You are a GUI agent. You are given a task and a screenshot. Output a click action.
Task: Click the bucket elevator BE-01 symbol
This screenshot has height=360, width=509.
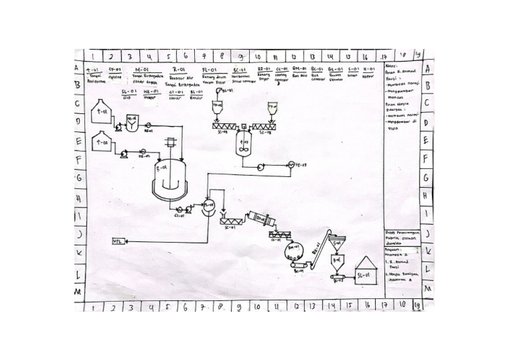pyautogui.click(x=323, y=251)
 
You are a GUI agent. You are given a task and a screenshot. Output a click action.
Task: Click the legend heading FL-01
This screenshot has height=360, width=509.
pyautogui.click(x=207, y=68)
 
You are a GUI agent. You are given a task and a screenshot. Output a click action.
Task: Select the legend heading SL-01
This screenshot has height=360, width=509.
pyautogui.click(x=129, y=91)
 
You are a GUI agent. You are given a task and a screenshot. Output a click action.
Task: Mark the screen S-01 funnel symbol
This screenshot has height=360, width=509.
pyautogui.click(x=337, y=243)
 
